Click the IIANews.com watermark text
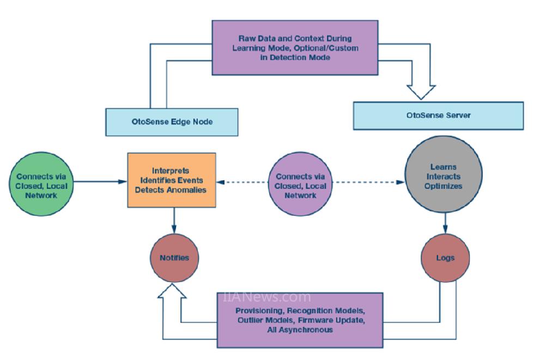coord(267,297)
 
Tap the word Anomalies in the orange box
coord(188,191)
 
